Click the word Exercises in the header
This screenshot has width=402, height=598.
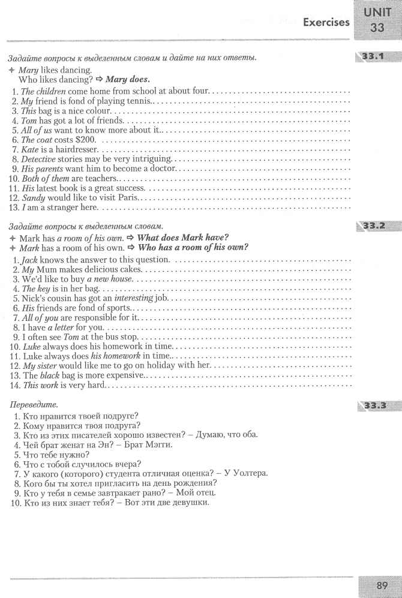[326, 22]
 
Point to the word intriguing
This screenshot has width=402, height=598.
[154, 158]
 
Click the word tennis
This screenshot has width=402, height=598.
[138, 101]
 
